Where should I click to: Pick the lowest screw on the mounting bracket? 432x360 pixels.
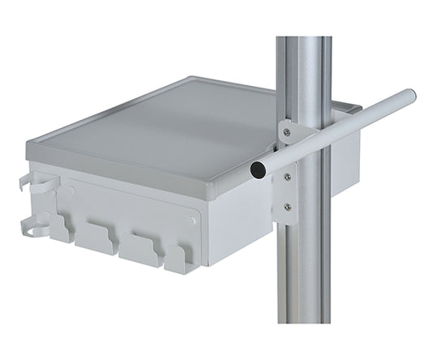coord(286,208)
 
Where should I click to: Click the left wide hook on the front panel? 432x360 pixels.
coord(96,240)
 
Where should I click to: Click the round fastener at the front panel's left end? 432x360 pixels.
coord(71,191)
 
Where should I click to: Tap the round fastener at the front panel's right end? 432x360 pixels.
coord(192,220)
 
